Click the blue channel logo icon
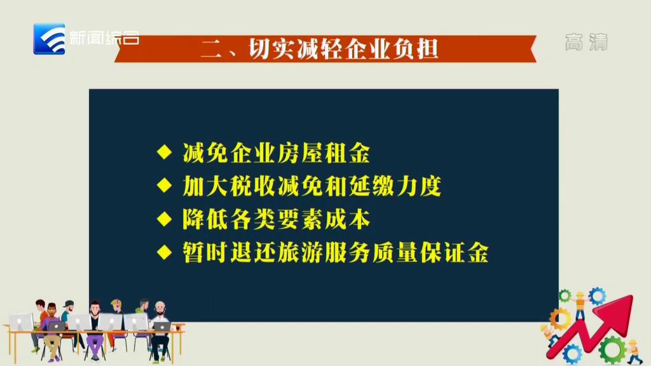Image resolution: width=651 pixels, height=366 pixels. (x=49, y=39)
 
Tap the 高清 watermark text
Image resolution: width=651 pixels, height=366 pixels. (x=586, y=42)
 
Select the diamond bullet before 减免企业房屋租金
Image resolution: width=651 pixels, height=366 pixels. (x=165, y=152)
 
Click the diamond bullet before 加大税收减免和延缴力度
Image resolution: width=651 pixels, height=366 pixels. (x=165, y=185)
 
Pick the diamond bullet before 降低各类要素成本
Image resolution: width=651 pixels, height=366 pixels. (x=165, y=219)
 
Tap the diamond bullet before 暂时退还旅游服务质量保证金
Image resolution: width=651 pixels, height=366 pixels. (x=165, y=252)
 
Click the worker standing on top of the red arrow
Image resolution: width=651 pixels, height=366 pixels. (x=580, y=305)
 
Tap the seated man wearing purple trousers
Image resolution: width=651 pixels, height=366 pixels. (x=95, y=330)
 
